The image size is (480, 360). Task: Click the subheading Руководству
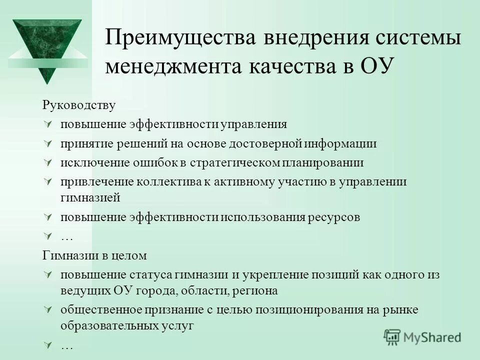[78, 105]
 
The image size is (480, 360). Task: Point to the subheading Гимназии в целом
[94, 255]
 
